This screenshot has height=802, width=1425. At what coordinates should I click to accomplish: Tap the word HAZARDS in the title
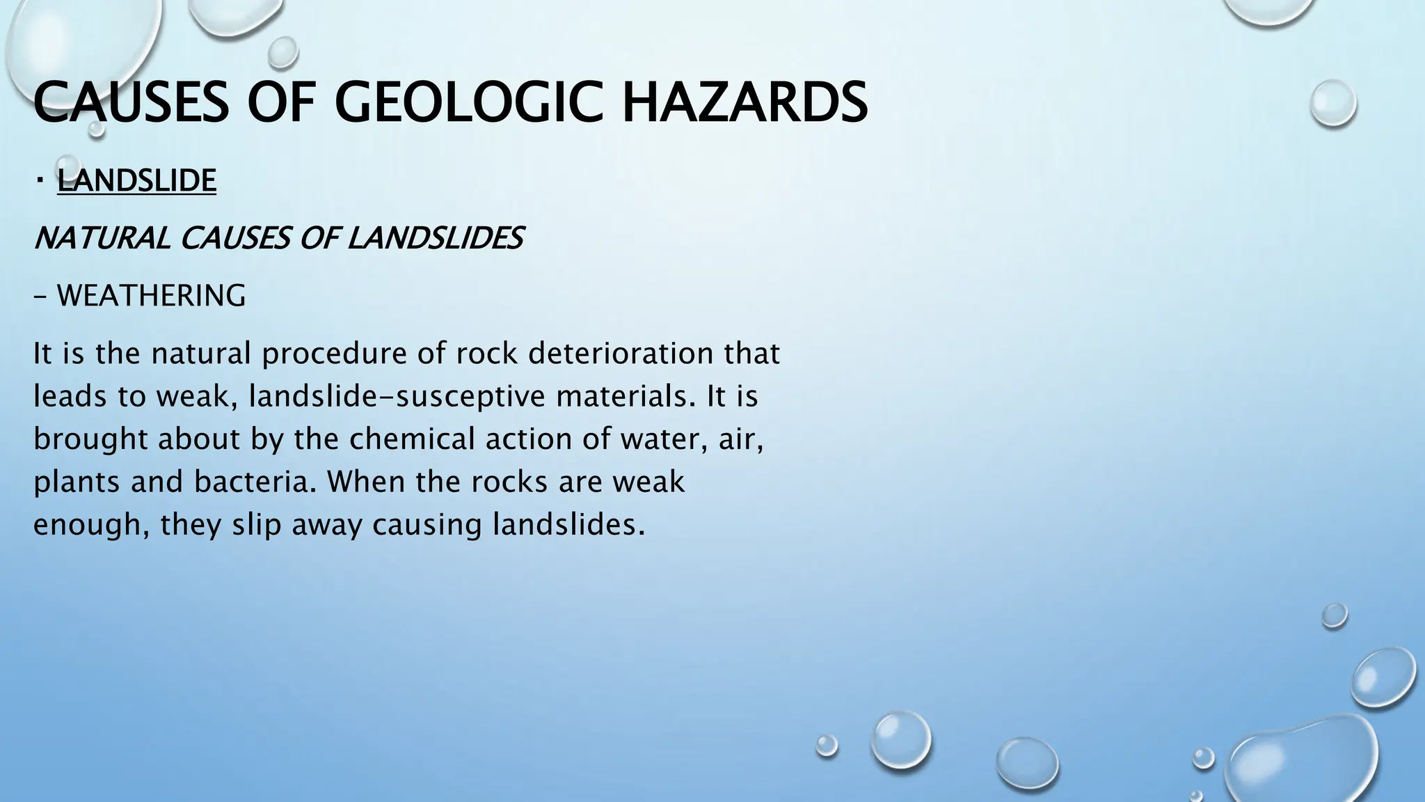coord(744,102)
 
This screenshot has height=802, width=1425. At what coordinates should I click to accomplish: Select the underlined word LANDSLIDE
coord(136,180)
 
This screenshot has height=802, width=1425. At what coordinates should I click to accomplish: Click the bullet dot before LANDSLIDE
coord(40,181)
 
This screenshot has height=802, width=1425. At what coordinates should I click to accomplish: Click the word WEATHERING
coord(151,296)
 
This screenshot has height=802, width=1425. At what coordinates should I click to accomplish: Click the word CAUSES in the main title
coord(130,102)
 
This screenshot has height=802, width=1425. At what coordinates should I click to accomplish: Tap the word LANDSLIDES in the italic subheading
coord(434,239)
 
